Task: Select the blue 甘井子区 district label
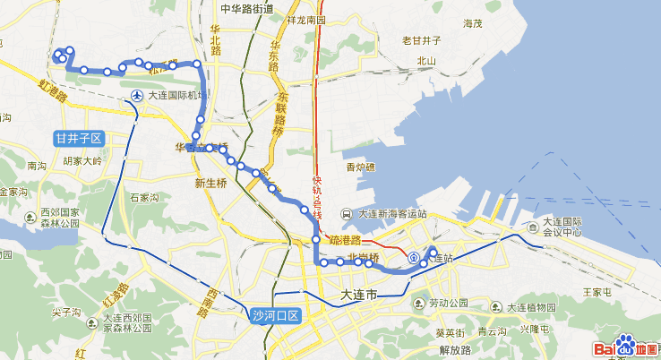[80, 138]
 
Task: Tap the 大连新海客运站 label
[392, 214]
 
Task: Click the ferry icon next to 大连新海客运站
[347, 214]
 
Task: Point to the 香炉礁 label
[361, 167]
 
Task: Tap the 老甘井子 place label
[422, 39]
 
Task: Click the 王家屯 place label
[597, 292]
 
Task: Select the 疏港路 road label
[344, 240]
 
